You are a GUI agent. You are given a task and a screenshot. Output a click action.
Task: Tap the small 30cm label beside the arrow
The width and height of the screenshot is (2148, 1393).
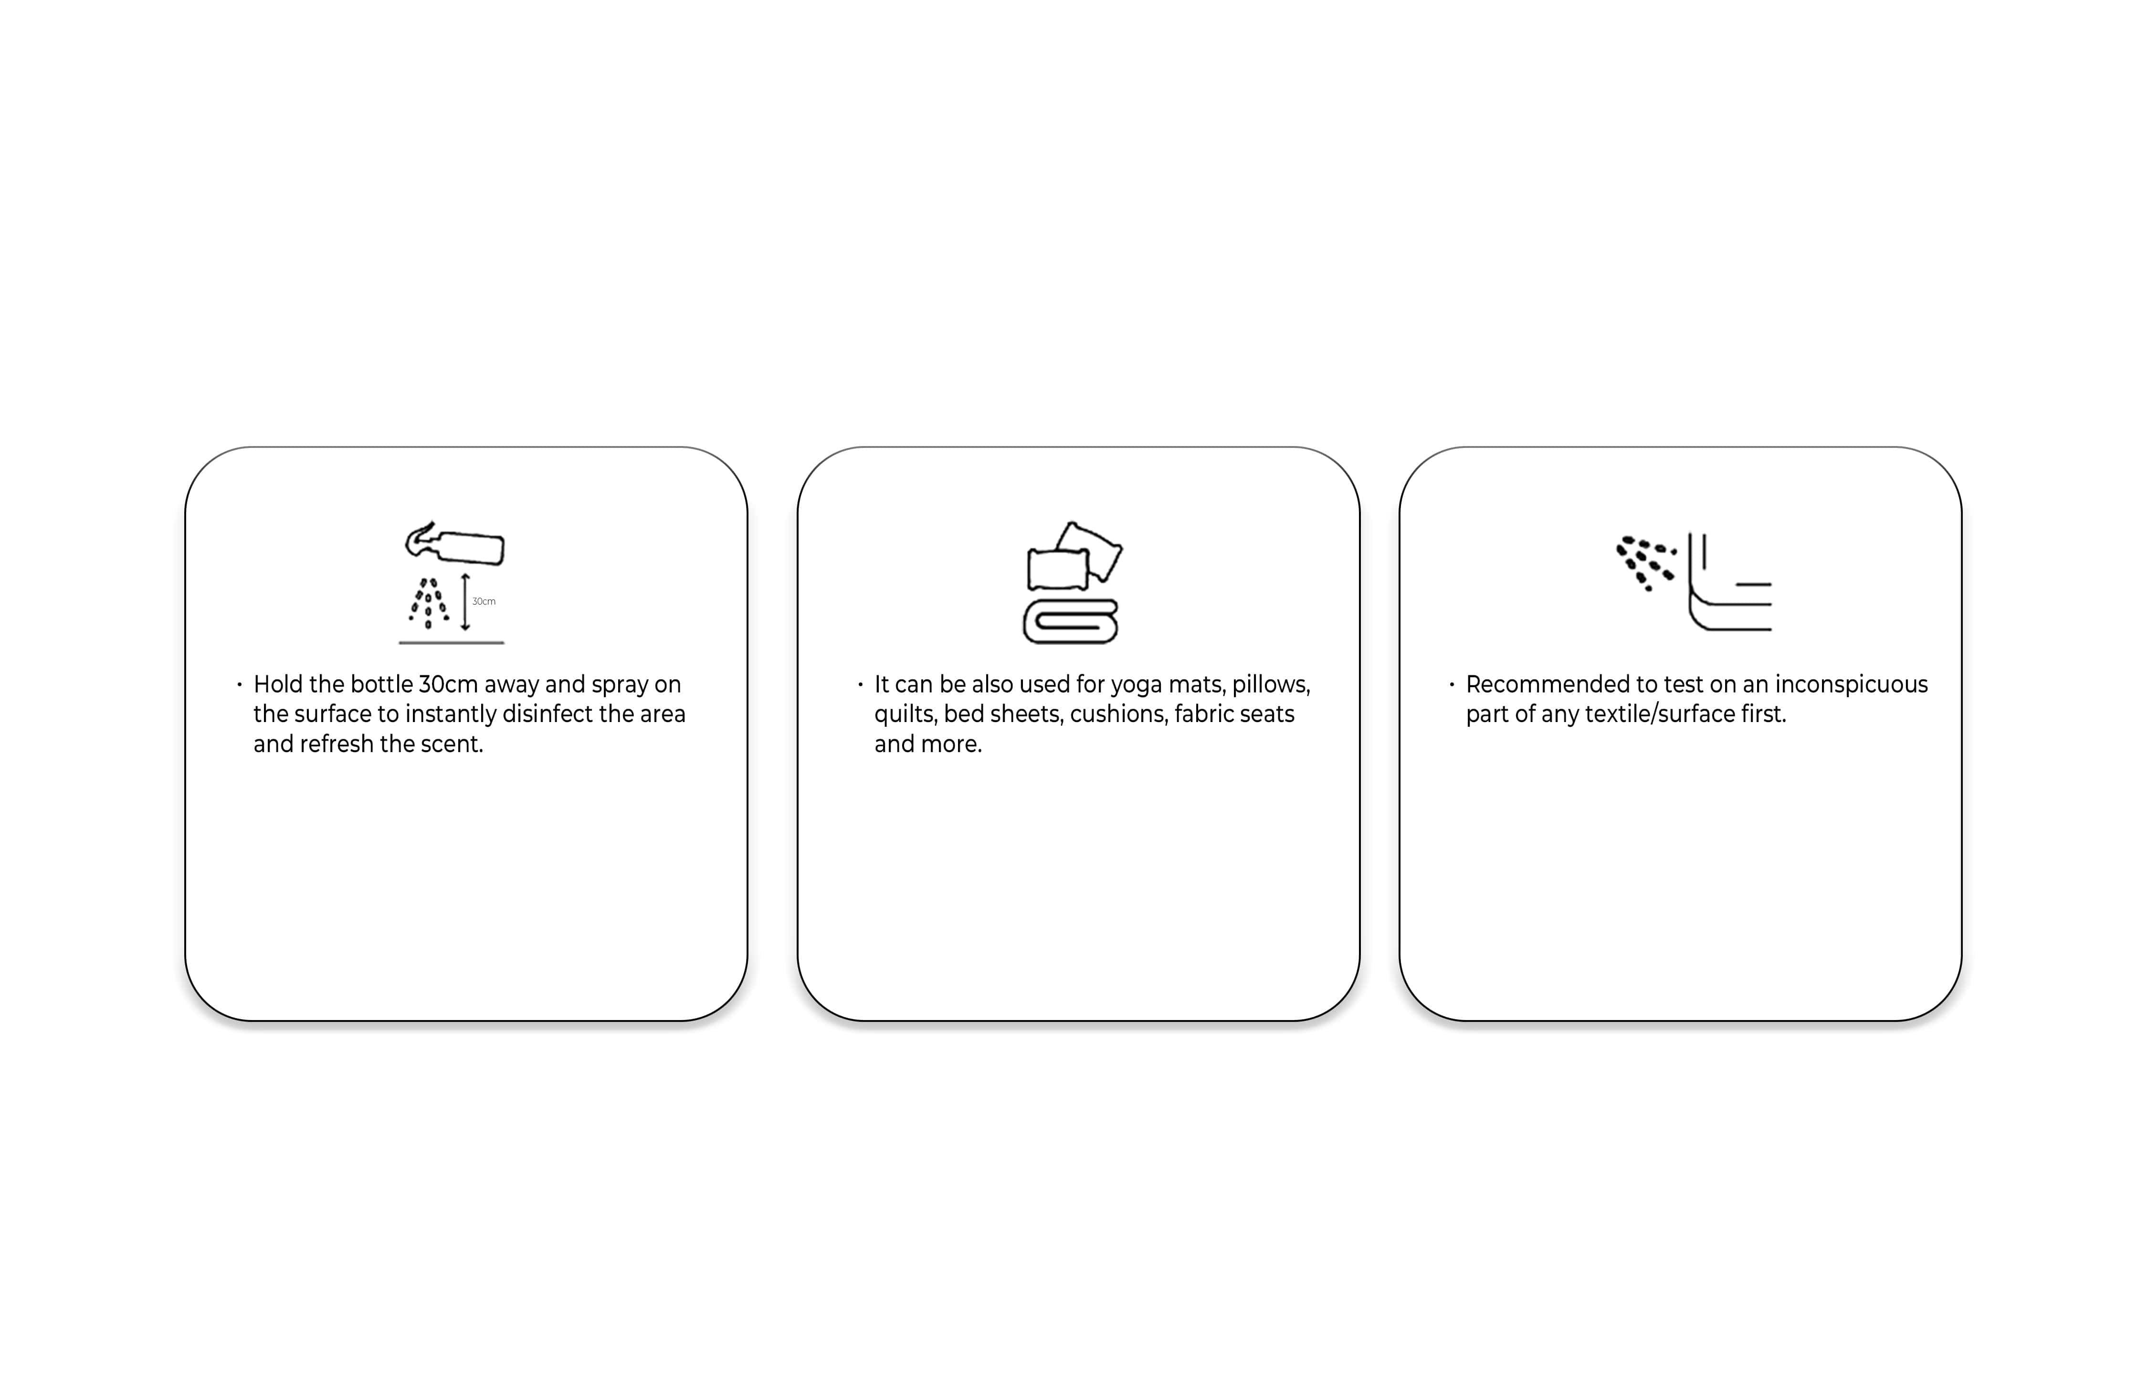tap(484, 601)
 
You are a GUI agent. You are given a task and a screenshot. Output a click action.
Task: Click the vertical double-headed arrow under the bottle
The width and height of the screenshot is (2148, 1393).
tap(466, 601)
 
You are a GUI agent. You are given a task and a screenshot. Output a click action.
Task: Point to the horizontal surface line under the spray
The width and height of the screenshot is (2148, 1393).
tap(451, 643)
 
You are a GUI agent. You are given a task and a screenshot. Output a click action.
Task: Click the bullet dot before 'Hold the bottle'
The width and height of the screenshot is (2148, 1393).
tap(239, 684)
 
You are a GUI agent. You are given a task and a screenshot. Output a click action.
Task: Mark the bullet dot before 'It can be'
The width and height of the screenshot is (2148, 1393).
tap(860, 684)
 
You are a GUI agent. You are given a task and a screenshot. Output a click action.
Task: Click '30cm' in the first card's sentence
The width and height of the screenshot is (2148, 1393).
tap(449, 684)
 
